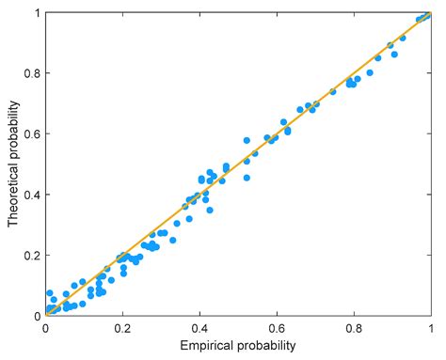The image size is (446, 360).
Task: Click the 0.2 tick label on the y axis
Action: tap(32, 256)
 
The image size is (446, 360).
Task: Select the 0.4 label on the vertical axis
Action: tap(32, 195)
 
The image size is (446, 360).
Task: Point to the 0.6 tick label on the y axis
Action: tap(32, 133)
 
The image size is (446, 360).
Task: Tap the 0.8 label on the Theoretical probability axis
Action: tap(32, 73)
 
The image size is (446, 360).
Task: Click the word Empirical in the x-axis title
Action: tap(206, 345)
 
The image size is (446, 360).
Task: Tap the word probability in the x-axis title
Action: tap(266, 345)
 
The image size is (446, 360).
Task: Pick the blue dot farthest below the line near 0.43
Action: tap(210, 210)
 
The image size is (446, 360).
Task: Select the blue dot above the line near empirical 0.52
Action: tap(247, 141)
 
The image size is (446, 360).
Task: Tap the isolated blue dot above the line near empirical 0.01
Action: tap(50, 293)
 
